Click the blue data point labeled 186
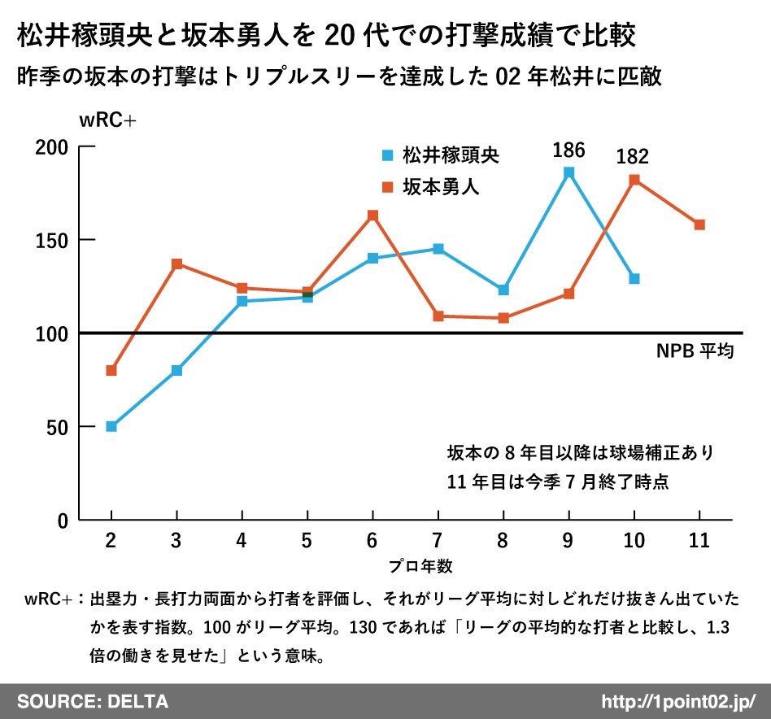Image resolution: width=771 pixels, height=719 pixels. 568,172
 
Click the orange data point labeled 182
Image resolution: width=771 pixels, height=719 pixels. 634,180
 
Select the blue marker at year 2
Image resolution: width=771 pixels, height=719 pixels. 111,426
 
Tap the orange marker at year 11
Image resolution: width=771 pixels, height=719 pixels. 699,224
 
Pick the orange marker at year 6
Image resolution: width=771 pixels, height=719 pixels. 372,216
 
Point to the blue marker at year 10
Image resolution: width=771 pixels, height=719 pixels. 634,279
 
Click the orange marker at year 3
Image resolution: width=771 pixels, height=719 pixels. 176,264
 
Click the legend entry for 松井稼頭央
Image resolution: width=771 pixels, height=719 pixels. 442,155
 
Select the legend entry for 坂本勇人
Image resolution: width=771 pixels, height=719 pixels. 431,186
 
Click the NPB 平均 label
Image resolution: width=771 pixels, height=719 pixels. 695,352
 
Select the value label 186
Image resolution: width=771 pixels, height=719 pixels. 568,150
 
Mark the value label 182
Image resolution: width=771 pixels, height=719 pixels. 634,157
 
